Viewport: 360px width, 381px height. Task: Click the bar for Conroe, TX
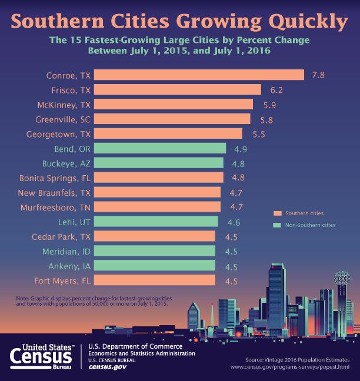point(199,75)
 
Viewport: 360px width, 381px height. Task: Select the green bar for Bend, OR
point(159,148)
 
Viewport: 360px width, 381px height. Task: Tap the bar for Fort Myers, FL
point(154,280)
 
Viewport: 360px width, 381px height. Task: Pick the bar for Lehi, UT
point(156,222)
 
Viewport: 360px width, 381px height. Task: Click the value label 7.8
point(318,75)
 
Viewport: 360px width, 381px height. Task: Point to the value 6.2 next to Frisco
point(275,90)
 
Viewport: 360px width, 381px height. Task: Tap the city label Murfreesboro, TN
point(54,207)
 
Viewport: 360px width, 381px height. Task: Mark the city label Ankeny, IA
point(69,266)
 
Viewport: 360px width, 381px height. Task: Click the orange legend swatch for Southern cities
point(276,213)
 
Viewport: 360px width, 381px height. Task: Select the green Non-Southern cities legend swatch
point(276,225)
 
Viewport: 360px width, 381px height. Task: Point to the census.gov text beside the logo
point(107,367)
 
